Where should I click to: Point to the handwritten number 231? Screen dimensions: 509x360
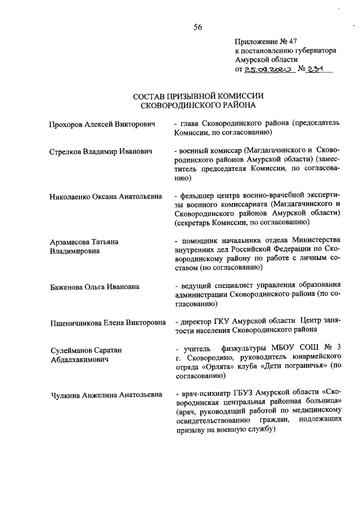click(x=318, y=69)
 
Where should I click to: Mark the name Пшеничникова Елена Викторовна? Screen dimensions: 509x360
click(x=108, y=322)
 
